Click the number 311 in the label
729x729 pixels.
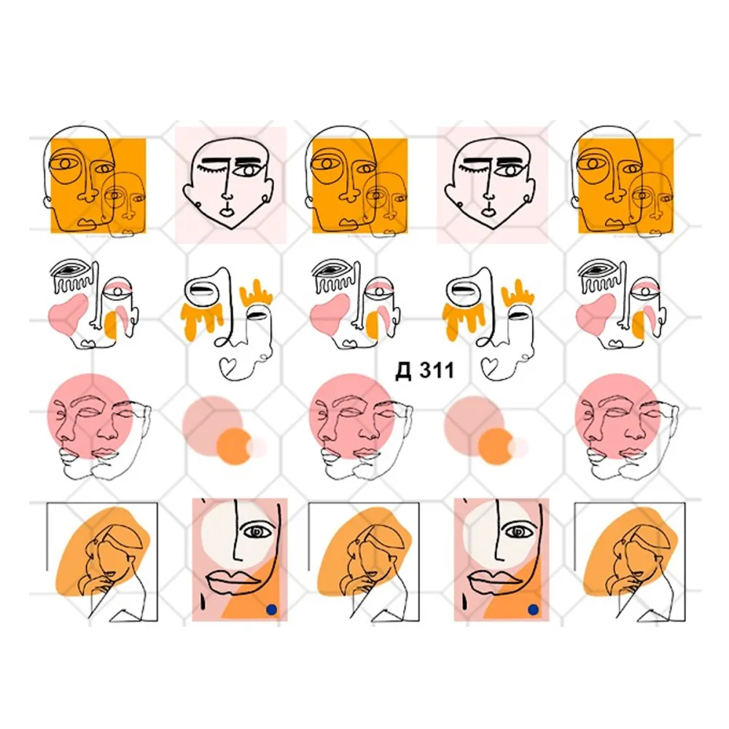(x=437, y=370)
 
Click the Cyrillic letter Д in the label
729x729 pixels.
(x=404, y=371)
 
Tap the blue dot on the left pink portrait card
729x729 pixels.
(x=271, y=609)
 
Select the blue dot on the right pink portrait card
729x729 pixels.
(x=534, y=609)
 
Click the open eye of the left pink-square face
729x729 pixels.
(x=249, y=171)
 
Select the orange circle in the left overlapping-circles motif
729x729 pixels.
(x=235, y=446)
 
